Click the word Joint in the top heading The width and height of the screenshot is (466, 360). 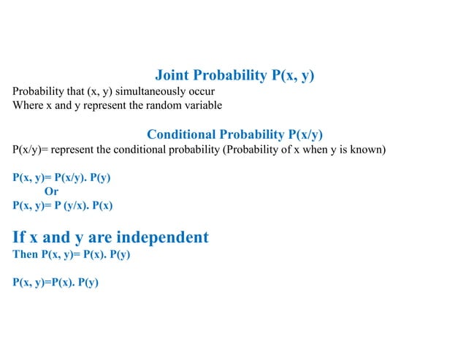point(172,75)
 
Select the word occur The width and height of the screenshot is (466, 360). point(200,91)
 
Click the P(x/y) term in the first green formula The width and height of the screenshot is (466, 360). point(70,177)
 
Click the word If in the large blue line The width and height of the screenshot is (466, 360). point(20,237)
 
